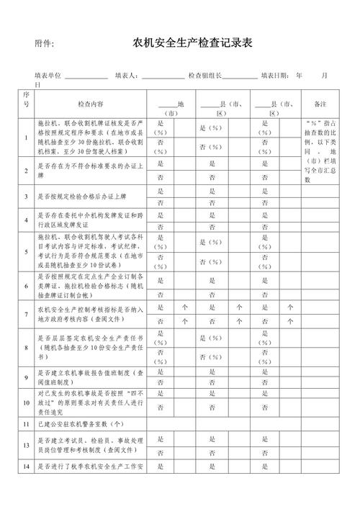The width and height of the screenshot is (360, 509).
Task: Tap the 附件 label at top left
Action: coord(45,45)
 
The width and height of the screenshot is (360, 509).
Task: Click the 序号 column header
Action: coord(26,99)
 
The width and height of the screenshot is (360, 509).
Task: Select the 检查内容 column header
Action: coord(91,104)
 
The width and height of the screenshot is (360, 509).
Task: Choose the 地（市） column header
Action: coord(171,108)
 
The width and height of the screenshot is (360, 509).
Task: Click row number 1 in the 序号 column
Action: coord(26,138)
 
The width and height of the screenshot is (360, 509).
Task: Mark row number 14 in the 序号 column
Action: coord(26,467)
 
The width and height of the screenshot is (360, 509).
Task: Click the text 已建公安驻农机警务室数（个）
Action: coord(81,424)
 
